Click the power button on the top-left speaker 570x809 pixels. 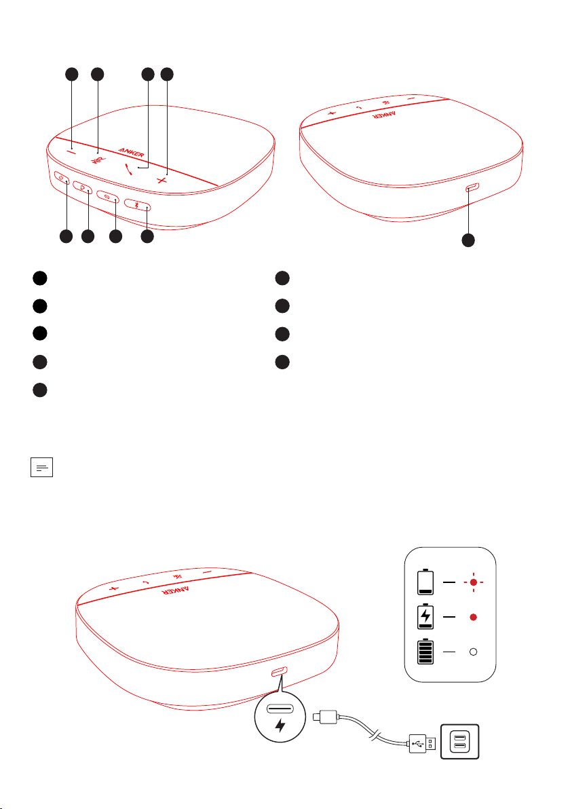point(62,178)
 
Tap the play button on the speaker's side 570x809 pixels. point(83,187)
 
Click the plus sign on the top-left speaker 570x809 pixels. point(162,180)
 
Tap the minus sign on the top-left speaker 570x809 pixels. point(71,152)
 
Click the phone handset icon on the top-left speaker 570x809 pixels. point(128,169)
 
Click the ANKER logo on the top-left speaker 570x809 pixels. point(132,152)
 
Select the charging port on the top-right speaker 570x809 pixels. point(472,187)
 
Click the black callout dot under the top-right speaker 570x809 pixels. point(468,240)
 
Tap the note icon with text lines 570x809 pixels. point(42,468)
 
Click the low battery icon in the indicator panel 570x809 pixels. point(425,582)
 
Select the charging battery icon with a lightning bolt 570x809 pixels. point(425,616)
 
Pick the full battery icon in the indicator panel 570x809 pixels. point(425,651)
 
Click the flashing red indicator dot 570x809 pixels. point(473,582)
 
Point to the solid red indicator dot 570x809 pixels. point(473,617)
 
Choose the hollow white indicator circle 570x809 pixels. point(473,652)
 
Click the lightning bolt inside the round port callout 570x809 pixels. point(280,725)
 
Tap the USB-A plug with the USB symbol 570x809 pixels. point(423,743)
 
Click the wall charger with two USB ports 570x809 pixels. point(459,741)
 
